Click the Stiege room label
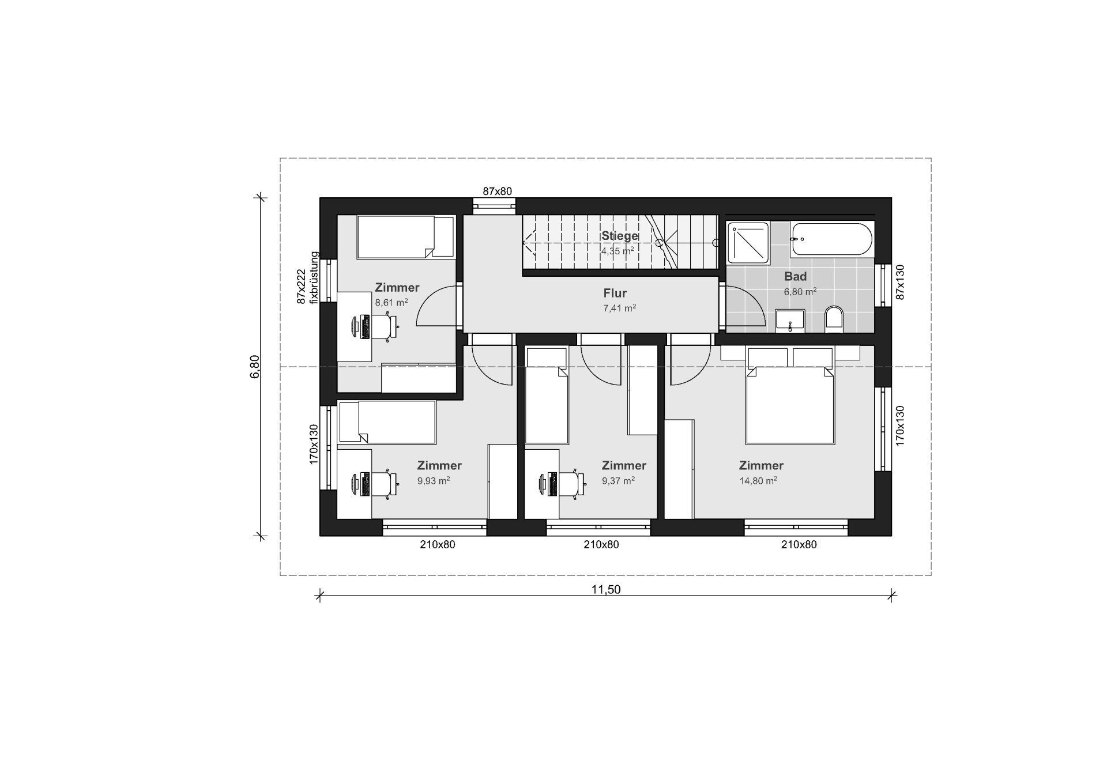pyautogui.click(x=620, y=236)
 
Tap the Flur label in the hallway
pyautogui.click(x=615, y=293)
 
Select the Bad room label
pyautogui.click(x=796, y=276)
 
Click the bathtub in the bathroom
pyautogui.click(x=831, y=239)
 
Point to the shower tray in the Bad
pyautogui.click(x=748, y=243)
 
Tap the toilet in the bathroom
pyautogui.click(x=834, y=319)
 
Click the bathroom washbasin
pyautogui.click(x=791, y=321)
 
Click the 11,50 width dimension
pyautogui.click(x=606, y=589)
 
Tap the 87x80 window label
pyautogui.click(x=497, y=191)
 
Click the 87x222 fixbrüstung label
pyautogui.click(x=307, y=277)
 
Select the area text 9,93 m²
pyautogui.click(x=434, y=480)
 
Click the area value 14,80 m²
pyautogui.click(x=758, y=480)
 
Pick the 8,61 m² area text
pyautogui.click(x=391, y=302)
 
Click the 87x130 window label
pyautogui.click(x=900, y=282)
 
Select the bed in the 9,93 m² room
pyautogui.click(x=387, y=422)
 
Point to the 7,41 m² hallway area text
pyautogui.click(x=619, y=308)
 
